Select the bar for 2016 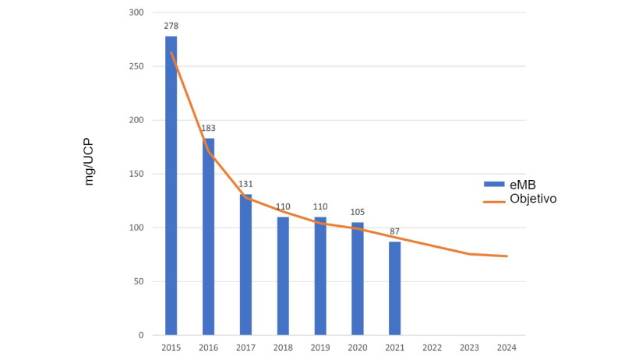[x=208, y=237]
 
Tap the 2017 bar [x=245, y=265]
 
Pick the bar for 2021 [x=395, y=288]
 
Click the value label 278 [x=171, y=26]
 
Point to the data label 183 [x=208, y=128]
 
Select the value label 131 [x=245, y=184]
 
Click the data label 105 [x=358, y=212]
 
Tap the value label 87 [x=395, y=231]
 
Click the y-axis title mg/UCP [x=89, y=162]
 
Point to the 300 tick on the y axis [x=136, y=12]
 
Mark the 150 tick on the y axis [x=136, y=174]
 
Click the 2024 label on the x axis [x=507, y=348]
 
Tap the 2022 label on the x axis [x=432, y=348]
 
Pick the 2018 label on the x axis [x=283, y=348]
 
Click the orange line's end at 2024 [x=507, y=256]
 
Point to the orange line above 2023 [x=470, y=254]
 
